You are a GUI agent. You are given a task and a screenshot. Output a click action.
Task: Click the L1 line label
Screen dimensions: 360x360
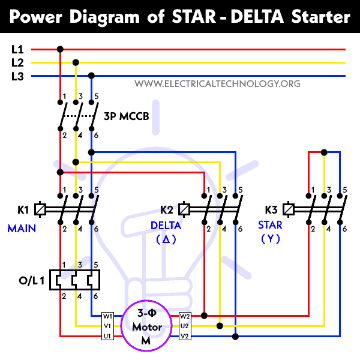tap(17, 50)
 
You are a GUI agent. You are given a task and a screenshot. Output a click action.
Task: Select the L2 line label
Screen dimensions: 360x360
tap(17, 62)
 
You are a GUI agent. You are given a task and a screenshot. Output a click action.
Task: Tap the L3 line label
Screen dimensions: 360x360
tap(17, 76)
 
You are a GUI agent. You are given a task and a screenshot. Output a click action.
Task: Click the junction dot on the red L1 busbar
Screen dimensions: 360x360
tap(59, 50)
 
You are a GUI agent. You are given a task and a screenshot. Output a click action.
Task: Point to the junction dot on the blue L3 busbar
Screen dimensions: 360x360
tap(91, 76)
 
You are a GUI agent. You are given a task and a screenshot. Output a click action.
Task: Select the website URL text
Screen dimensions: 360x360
tap(217, 83)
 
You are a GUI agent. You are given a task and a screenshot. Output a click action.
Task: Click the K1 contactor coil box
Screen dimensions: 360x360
tap(41, 209)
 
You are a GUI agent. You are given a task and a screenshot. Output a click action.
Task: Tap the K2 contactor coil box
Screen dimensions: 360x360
tap(185, 209)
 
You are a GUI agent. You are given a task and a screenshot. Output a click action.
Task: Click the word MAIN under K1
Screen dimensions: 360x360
tap(22, 228)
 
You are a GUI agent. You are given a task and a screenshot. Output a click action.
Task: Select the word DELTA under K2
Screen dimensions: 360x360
tap(165, 225)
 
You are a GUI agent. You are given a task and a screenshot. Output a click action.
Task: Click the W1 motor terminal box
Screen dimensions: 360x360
tap(108, 316)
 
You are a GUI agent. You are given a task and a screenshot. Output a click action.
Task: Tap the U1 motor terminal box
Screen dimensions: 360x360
tap(108, 336)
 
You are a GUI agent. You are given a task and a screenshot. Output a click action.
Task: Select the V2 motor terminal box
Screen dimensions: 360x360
tap(185, 336)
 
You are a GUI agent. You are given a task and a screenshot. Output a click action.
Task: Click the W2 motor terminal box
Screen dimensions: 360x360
tap(185, 316)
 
